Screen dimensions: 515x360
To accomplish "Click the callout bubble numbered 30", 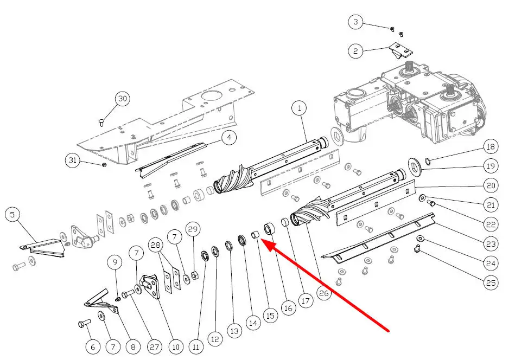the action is [x=123, y=99].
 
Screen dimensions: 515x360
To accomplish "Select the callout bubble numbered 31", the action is [x=73, y=160].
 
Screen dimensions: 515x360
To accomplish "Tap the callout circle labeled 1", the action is [x=298, y=108].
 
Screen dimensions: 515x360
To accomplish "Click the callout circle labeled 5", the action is [x=12, y=215].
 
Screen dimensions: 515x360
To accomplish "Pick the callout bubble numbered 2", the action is [x=355, y=52].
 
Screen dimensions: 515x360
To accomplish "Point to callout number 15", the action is [x=270, y=315].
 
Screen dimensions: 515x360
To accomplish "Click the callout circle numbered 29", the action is [x=193, y=230].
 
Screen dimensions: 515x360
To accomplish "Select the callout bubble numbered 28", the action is [x=156, y=246].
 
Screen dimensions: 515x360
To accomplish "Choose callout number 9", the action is [x=115, y=262].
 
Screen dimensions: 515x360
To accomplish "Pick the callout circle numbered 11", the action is [x=196, y=346].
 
